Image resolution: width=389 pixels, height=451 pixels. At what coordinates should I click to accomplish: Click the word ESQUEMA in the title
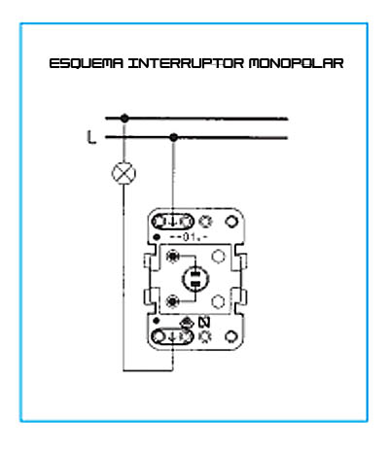coord(87,63)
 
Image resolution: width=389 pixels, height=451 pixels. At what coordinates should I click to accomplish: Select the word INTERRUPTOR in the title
coord(186,63)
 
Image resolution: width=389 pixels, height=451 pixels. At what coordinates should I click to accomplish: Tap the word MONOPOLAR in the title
coord(297,63)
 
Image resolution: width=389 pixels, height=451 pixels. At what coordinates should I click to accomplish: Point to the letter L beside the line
coord(91,137)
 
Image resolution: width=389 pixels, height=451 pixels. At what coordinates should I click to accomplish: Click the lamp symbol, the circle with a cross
coord(124,173)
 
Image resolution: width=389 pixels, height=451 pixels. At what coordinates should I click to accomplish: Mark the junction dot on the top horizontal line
coord(124,119)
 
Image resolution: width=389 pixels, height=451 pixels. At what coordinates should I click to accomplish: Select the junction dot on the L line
coord(174,137)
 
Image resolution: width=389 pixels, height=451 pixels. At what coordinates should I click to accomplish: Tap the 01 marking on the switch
coord(189,237)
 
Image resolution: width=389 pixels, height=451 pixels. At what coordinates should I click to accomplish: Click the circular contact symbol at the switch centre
coord(195,279)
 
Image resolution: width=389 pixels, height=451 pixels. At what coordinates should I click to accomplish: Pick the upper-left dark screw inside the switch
coord(172,256)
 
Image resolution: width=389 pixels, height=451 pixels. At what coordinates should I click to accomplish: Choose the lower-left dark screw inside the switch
coord(172,301)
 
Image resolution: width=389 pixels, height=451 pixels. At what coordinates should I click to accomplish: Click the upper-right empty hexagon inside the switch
coord(218,256)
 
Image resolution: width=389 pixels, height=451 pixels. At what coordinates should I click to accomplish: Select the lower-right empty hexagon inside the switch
coord(218,301)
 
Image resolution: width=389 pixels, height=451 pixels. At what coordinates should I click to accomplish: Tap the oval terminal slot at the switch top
coord(173,222)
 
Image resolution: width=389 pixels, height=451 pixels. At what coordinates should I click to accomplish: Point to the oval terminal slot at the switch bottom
coord(173,336)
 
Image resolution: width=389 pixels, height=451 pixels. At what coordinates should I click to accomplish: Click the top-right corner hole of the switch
coord(231,222)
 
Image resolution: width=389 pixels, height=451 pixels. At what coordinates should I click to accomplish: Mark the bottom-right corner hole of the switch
coord(231,337)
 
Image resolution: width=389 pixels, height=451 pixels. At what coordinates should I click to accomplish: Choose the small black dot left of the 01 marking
coord(157,237)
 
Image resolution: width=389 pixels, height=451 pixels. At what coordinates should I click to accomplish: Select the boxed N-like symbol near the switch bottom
coord(204,323)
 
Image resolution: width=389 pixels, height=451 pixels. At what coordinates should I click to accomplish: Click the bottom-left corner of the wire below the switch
coord(124,370)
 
